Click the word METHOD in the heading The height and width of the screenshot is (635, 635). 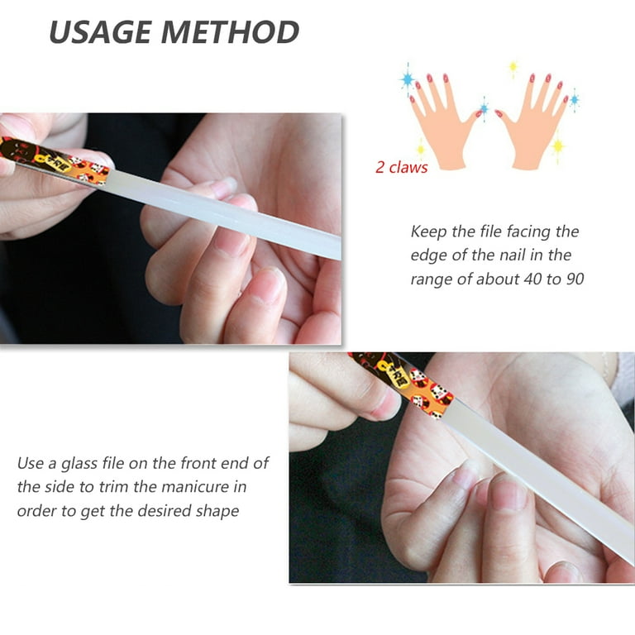(x=231, y=32)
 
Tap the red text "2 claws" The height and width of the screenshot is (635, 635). (x=401, y=168)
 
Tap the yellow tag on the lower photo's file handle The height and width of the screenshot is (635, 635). (x=395, y=375)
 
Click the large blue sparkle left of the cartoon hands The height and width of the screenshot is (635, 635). (x=408, y=79)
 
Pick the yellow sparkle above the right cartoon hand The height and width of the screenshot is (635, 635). (x=513, y=67)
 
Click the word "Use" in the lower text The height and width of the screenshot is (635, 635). (x=31, y=463)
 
